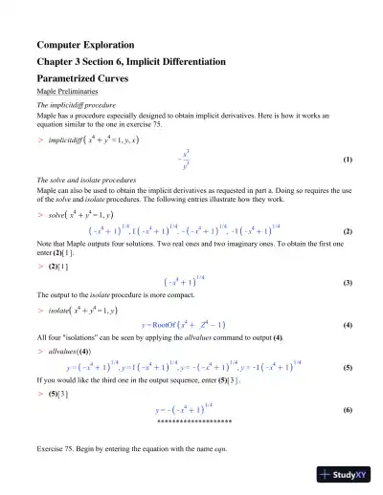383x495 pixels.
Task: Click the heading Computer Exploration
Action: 85,44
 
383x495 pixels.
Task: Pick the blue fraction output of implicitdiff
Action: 185,160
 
